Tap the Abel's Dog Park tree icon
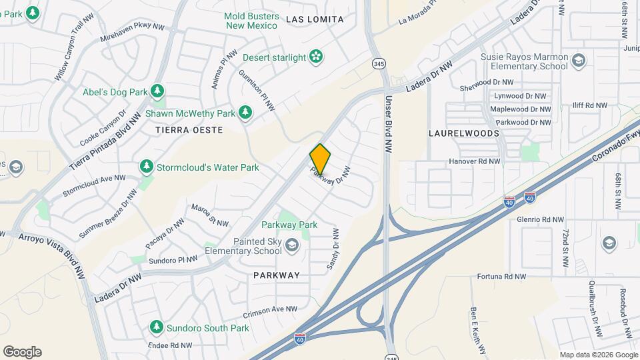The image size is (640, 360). coord(157,90)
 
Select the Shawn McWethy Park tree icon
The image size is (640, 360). coord(245,113)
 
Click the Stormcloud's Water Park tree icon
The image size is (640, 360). coord(146,165)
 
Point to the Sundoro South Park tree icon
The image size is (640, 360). coord(157,327)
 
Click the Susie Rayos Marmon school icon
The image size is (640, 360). coord(579,61)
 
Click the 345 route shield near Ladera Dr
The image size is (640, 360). coord(379,63)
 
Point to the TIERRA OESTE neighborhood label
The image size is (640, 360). coord(189,130)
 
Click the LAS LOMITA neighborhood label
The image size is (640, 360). coord(315,19)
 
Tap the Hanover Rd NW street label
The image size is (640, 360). coord(475,161)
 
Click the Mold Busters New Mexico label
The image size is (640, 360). coord(251,20)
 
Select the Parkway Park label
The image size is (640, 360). coord(289,225)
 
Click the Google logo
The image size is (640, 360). coord(22,352)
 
